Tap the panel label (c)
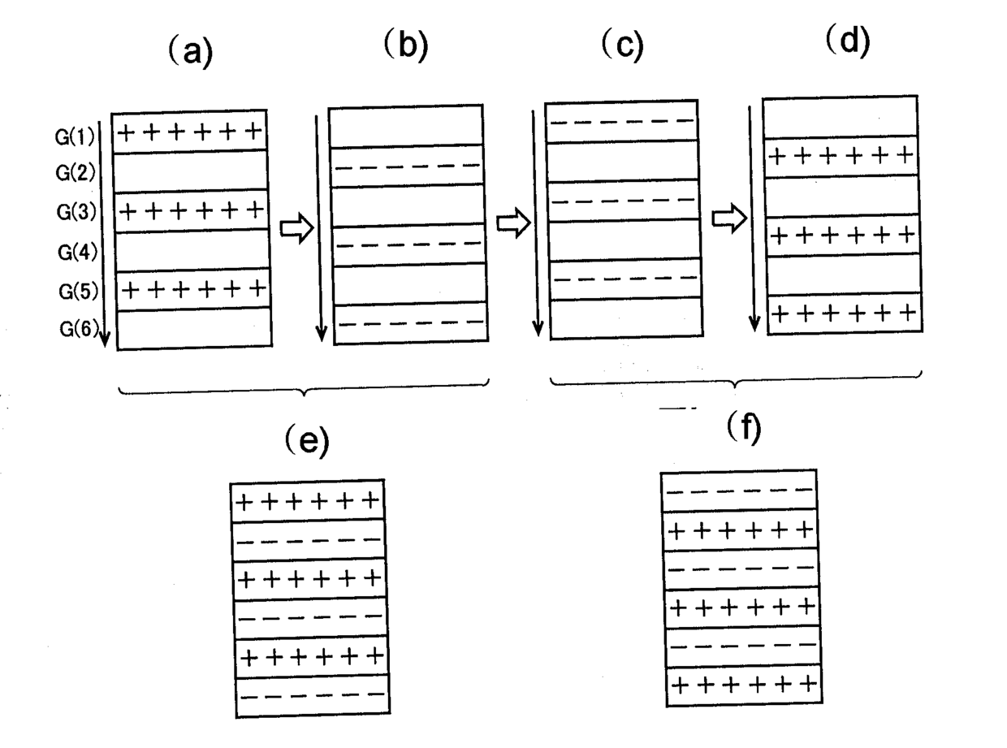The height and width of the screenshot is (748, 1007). [x=621, y=45]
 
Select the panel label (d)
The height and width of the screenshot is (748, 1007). [x=847, y=41]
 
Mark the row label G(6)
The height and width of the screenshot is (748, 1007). [x=80, y=329]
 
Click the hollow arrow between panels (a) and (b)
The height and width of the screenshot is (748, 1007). [x=296, y=228]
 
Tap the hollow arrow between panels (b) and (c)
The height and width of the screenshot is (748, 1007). [x=512, y=222]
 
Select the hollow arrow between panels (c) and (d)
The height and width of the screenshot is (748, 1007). [x=728, y=218]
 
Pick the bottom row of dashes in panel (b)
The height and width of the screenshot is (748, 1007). [x=411, y=324]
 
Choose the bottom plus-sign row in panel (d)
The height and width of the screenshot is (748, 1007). [x=844, y=313]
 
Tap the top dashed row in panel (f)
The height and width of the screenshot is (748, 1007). [x=739, y=490]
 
